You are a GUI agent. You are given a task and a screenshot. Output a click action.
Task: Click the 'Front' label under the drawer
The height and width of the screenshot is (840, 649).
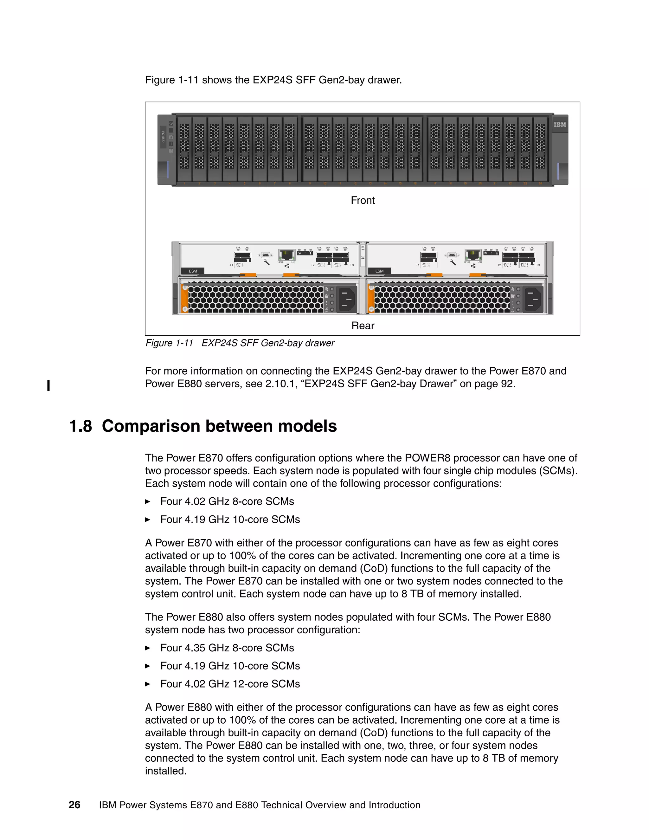(x=363, y=200)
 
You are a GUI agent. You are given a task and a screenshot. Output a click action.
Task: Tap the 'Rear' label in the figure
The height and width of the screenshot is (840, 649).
(x=363, y=326)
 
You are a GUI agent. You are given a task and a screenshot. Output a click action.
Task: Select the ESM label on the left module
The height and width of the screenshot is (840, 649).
(x=193, y=271)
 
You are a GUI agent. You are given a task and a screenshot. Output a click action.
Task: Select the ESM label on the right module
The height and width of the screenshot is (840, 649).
(x=379, y=271)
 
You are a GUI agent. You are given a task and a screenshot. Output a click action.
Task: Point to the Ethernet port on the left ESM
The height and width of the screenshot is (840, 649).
(x=286, y=255)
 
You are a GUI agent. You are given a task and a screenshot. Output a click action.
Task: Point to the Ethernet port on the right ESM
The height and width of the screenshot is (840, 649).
(x=473, y=255)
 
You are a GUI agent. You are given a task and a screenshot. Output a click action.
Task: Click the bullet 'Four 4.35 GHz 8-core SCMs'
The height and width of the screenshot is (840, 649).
(x=227, y=648)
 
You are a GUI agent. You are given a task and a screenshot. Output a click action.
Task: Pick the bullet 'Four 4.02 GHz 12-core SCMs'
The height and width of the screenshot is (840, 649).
(x=230, y=684)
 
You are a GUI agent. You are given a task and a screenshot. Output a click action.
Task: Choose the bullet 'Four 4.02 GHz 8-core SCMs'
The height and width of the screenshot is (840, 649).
(x=227, y=501)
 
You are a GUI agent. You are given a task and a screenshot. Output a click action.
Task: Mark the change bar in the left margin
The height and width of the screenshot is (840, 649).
(x=48, y=385)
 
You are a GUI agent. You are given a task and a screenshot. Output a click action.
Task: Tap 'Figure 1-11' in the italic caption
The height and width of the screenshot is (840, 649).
(x=169, y=343)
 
